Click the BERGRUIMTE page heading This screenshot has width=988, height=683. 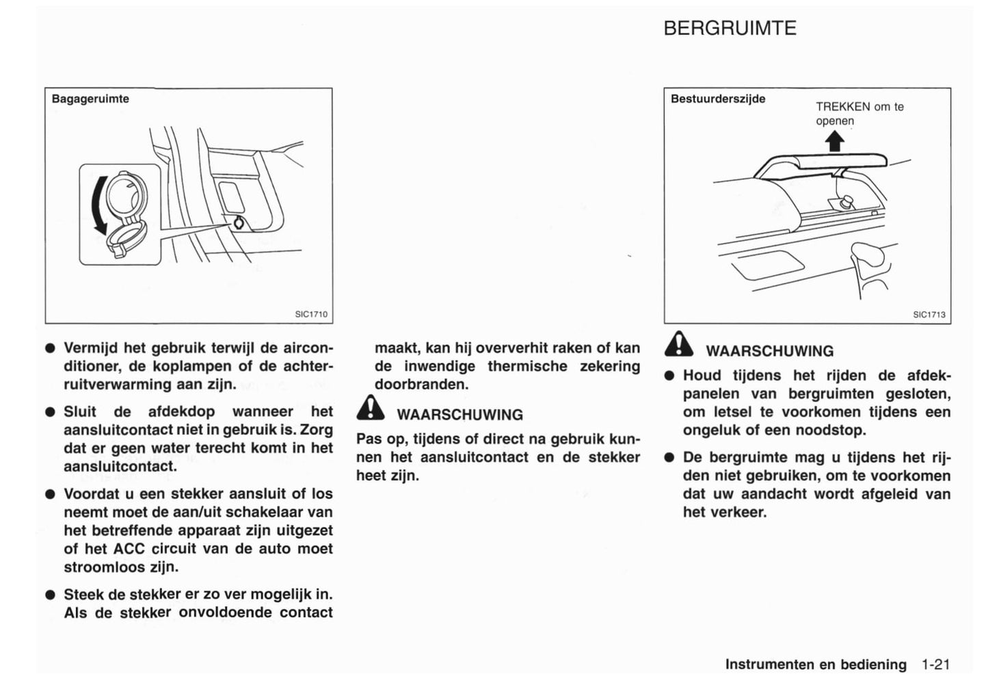click(x=730, y=28)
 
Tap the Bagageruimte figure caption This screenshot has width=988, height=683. click(x=90, y=99)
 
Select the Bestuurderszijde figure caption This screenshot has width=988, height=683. click(x=718, y=99)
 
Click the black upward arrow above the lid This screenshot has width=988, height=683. click(x=835, y=141)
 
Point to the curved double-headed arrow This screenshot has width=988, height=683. click(x=100, y=205)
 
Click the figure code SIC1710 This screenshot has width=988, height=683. click(x=311, y=314)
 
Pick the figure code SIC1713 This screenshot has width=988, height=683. click(x=929, y=315)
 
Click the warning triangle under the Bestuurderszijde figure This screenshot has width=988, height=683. click(x=679, y=344)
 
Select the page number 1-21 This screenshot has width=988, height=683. click(x=935, y=664)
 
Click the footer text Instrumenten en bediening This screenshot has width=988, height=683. click(x=816, y=664)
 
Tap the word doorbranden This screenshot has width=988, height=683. click(x=421, y=384)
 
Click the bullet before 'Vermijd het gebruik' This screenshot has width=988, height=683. click(x=50, y=348)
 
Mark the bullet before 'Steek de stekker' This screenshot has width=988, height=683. click(x=50, y=595)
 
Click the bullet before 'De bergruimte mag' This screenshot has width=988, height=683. click(x=669, y=458)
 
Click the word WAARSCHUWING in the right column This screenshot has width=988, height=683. click(x=769, y=351)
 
